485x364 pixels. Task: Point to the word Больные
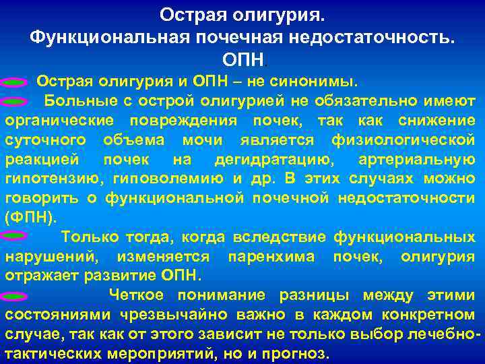[77, 101]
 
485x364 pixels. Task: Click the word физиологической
[403, 140]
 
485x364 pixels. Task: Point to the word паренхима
[269, 257]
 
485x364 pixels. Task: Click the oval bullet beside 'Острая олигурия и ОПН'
[15, 82]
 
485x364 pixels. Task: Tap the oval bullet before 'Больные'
[15, 102]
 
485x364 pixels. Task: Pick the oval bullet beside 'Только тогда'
[15, 237]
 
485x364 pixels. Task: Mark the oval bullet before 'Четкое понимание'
[15, 296]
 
